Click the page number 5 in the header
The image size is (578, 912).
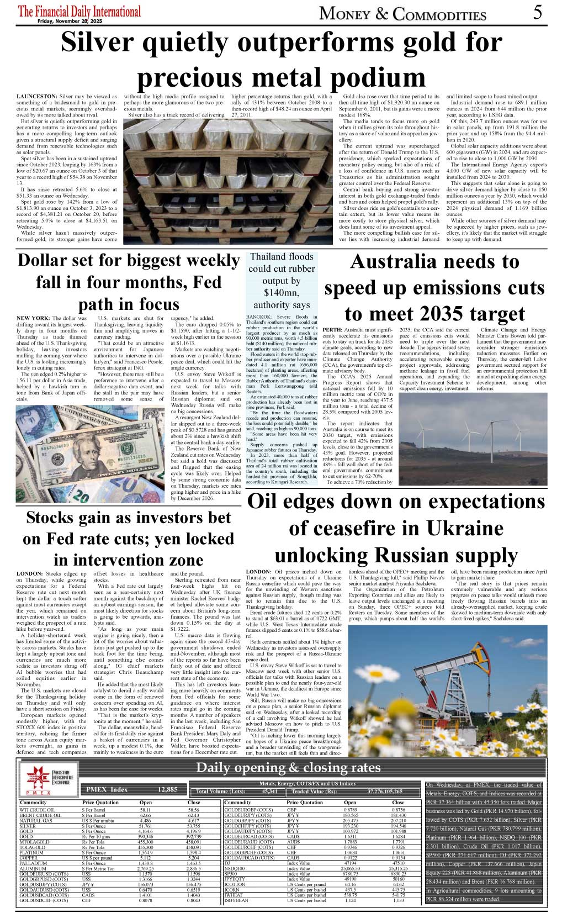point(537,12)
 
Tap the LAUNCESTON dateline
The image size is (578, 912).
point(36,97)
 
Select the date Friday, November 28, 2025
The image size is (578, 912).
point(70,21)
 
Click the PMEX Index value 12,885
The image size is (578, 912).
point(167,789)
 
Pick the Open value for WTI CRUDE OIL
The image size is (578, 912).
point(146,810)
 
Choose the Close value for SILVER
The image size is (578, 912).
point(193,826)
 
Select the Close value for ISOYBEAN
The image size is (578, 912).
point(398,900)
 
